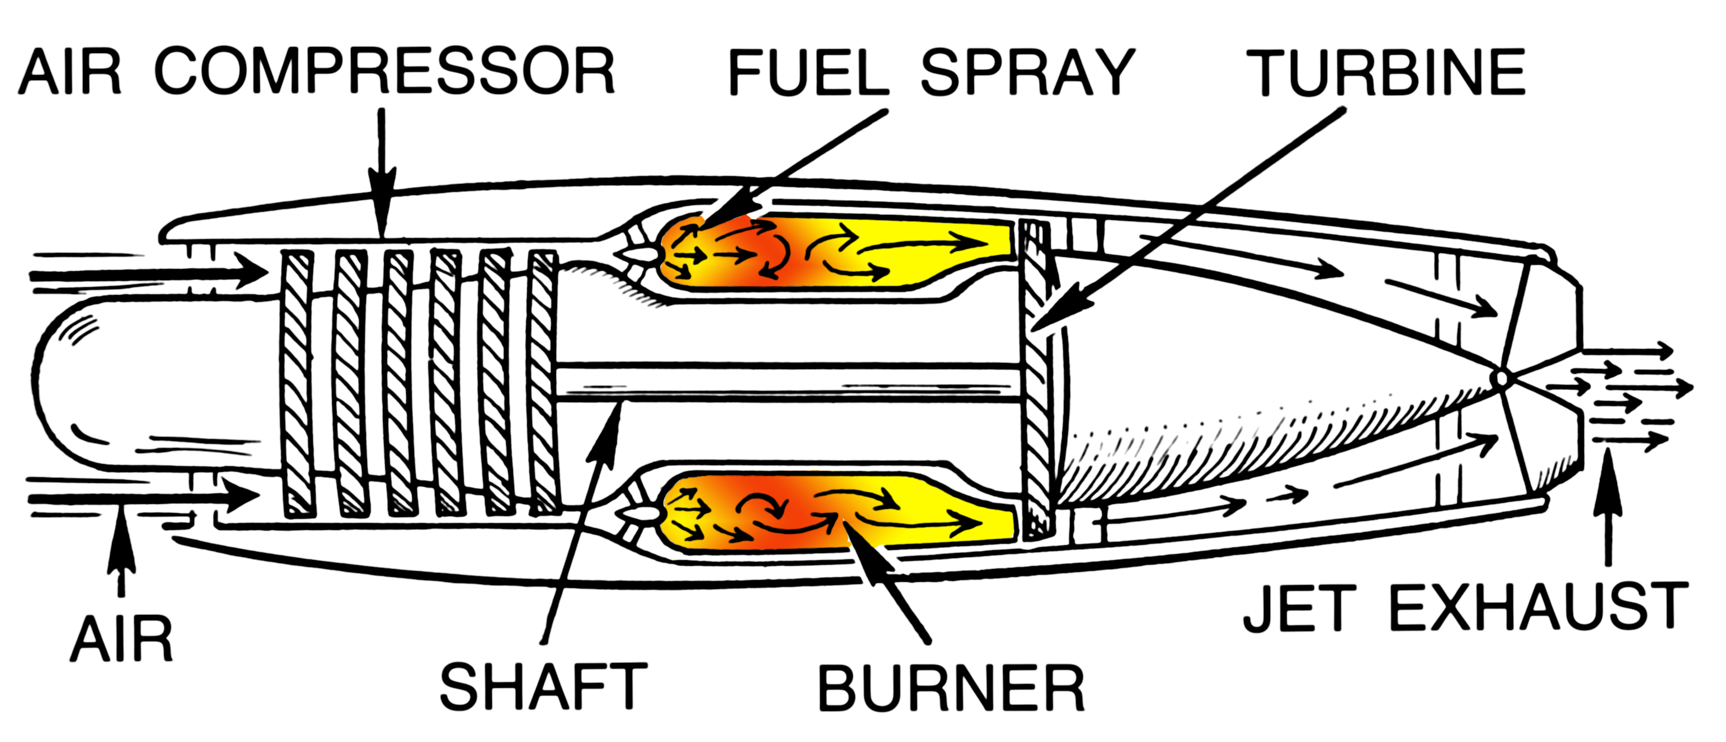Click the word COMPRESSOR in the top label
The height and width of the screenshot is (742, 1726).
[385, 71]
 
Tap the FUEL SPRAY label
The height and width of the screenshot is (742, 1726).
[931, 72]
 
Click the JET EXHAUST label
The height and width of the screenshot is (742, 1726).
[1465, 608]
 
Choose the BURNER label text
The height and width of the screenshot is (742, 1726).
[951, 688]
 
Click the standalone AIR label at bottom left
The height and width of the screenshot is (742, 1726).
[121, 640]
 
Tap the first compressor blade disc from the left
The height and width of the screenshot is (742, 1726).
[297, 383]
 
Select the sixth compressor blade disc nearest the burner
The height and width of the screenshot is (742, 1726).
[543, 383]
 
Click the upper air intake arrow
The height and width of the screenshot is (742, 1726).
[148, 274]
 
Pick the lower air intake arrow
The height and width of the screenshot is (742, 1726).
[144, 498]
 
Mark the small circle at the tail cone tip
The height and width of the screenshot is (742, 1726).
[1502, 379]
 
